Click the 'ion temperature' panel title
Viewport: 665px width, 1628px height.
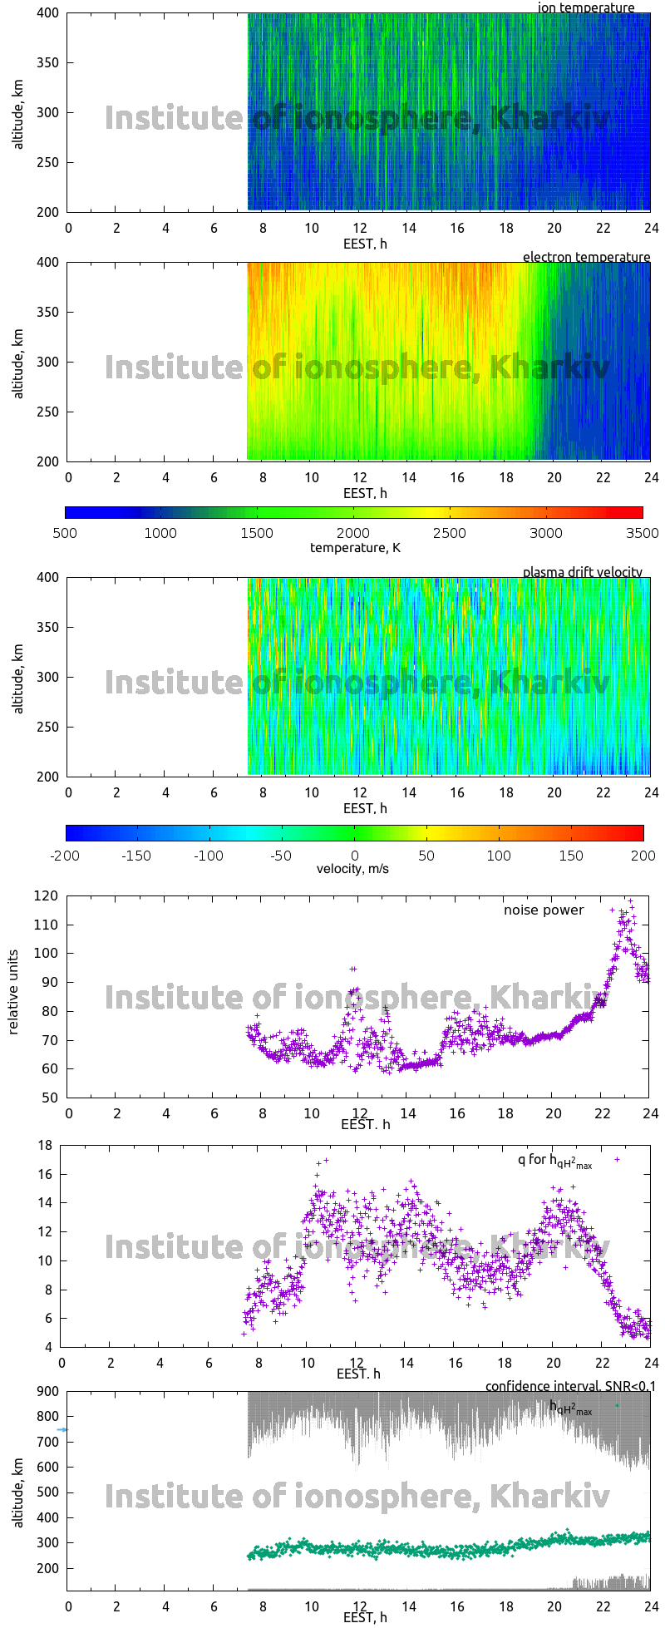click(x=586, y=8)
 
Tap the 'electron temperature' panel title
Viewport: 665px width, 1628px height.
click(x=586, y=257)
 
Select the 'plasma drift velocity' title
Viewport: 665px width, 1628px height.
click(x=582, y=572)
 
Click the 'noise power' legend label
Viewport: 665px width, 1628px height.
click(x=544, y=910)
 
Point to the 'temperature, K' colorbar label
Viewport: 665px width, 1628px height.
click(x=355, y=547)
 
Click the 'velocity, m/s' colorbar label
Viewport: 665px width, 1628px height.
click(x=352, y=869)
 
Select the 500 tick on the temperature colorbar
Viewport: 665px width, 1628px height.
click(x=65, y=533)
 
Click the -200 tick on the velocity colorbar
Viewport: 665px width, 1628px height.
click(x=65, y=855)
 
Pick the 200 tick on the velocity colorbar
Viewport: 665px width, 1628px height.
click(x=643, y=855)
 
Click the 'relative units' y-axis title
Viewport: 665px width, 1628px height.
click(x=14, y=996)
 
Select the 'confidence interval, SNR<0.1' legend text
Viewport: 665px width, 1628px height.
click(x=570, y=1386)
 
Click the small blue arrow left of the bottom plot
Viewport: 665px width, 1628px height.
click(x=62, y=1430)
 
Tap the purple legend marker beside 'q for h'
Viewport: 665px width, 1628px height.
click(x=617, y=1159)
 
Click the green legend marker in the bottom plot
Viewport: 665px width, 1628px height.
click(x=617, y=1405)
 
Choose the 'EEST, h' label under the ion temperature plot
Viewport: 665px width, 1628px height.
click(x=365, y=244)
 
